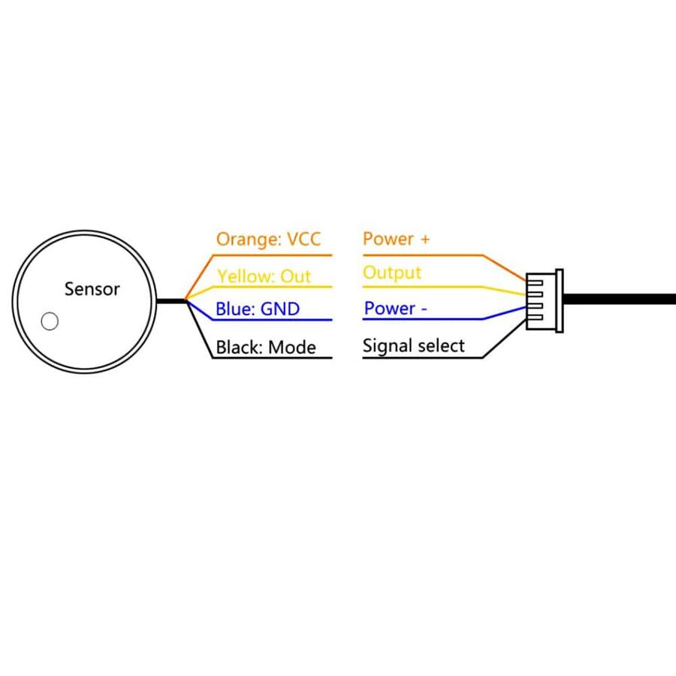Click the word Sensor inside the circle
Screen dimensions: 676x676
(x=92, y=289)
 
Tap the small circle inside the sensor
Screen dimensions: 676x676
(x=50, y=321)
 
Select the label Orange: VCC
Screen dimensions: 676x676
(x=268, y=240)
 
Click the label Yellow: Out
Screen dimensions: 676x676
(x=264, y=276)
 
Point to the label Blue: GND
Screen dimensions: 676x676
(x=258, y=309)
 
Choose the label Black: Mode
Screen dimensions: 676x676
(x=266, y=347)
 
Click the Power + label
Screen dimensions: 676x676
(x=396, y=238)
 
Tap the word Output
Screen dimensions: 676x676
(x=392, y=273)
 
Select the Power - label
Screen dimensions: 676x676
(x=395, y=308)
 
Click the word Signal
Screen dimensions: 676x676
(x=387, y=346)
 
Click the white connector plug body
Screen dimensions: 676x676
(x=545, y=301)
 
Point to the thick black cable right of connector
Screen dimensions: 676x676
(x=620, y=299)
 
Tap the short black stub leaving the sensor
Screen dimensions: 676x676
(x=171, y=301)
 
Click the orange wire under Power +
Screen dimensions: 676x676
(x=445, y=255)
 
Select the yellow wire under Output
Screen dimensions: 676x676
(x=444, y=287)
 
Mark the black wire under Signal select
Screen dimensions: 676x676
(x=444, y=358)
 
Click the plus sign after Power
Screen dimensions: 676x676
(x=426, y=240)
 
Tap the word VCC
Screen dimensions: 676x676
(x=304, y=239)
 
